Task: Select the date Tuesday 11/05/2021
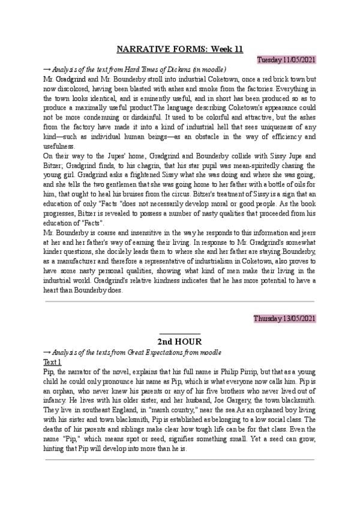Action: [x=286, y=60]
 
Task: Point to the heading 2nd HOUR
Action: [x=180, y=340]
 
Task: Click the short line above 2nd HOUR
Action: [x=180, y=333]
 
